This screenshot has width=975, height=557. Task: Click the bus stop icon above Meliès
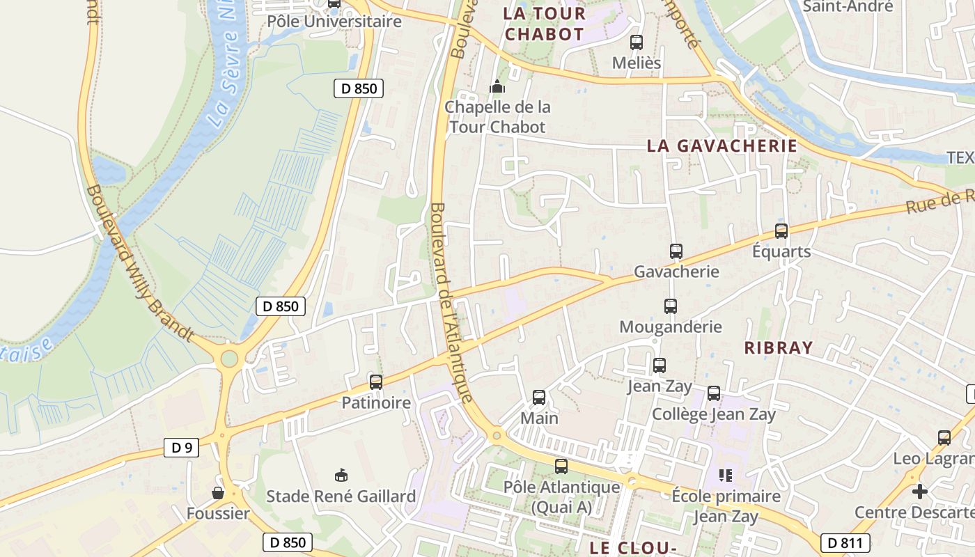click(x=636, y=42)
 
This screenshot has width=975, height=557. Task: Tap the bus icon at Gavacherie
click(x=676, y=251)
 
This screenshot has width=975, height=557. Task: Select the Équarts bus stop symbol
click(x=781, y=231)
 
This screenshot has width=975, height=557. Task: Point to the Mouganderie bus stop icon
click(x=670, y=306)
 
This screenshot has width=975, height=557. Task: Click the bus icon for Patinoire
click(x=376, y=382)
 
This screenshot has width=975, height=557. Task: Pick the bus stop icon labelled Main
click(x=539, y=398)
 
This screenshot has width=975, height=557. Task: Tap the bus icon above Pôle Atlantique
click(x=561, y=466)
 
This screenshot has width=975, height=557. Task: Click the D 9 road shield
click(x=181, y=448)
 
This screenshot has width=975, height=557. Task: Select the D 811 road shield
click(x=845, y=543)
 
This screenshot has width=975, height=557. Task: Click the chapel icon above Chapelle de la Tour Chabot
click(x=497, y=87)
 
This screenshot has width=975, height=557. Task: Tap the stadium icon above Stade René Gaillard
click(x=341, y=476)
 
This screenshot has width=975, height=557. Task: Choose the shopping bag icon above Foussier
click(x=218, y=493)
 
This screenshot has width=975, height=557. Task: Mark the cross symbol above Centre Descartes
click(x=920, y=492)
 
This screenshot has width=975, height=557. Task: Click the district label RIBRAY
click(x=779, y=348)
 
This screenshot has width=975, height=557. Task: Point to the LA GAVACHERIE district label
click(x=721, y=146)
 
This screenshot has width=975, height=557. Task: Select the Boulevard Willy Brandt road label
click(x=139, y=263)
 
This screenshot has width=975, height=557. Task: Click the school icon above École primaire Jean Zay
click(x=726, y=476)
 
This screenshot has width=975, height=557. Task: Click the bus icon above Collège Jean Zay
click(x=714, y=393)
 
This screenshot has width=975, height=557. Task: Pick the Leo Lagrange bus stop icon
click(x=944, y=438)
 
